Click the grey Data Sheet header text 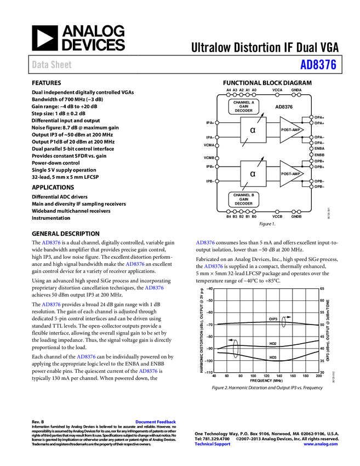point(52,65)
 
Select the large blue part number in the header point(318,65)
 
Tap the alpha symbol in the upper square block point(253,130)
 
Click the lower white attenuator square point(253,174)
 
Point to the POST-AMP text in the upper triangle point(290,130)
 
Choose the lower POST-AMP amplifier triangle point(290,174)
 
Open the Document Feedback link point(156,422)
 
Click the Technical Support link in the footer point(213,444)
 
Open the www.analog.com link point(321,444)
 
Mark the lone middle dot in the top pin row point(277,95)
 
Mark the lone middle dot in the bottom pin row point(277,212)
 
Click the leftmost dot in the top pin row point(228,95)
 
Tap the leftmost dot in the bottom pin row point(228,212)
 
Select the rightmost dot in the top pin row point(299,95)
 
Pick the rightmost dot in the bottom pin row point(299,212)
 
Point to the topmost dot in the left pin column point(217,123)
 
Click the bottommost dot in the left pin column point(217,181)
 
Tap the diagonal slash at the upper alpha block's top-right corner point(259,120)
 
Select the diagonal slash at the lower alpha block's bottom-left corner point(245,185)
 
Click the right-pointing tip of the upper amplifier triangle point(302,130)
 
